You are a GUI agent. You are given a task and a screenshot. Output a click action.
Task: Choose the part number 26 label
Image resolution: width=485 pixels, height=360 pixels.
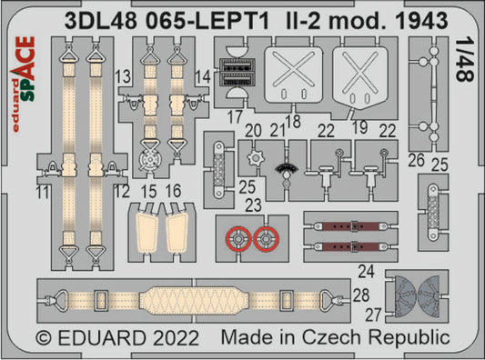click(417, 164)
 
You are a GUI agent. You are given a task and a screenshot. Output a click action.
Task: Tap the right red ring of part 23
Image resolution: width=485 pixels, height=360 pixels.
click(265, 240)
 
